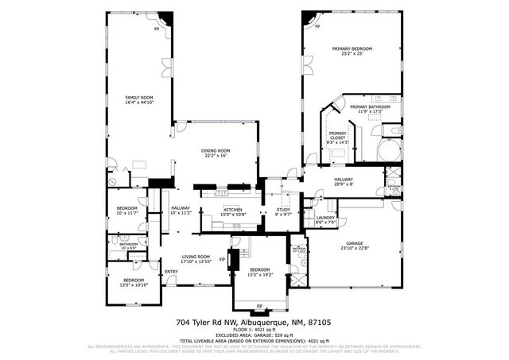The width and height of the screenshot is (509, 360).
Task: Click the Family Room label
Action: tap(138, 99)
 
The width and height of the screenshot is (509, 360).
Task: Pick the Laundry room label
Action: tap(324, 219)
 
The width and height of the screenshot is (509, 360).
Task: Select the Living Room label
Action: tap(196, 258)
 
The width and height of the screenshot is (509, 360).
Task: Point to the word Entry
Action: tap(171, 273)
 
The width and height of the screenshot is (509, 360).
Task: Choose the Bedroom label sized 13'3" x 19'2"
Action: tap(260, 272)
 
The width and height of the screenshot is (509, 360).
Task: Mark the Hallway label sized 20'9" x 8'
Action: tap(344, 181)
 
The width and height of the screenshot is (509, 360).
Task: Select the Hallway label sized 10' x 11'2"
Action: tap(181, 211)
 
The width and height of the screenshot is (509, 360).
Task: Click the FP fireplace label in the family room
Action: tap(157, 29)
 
